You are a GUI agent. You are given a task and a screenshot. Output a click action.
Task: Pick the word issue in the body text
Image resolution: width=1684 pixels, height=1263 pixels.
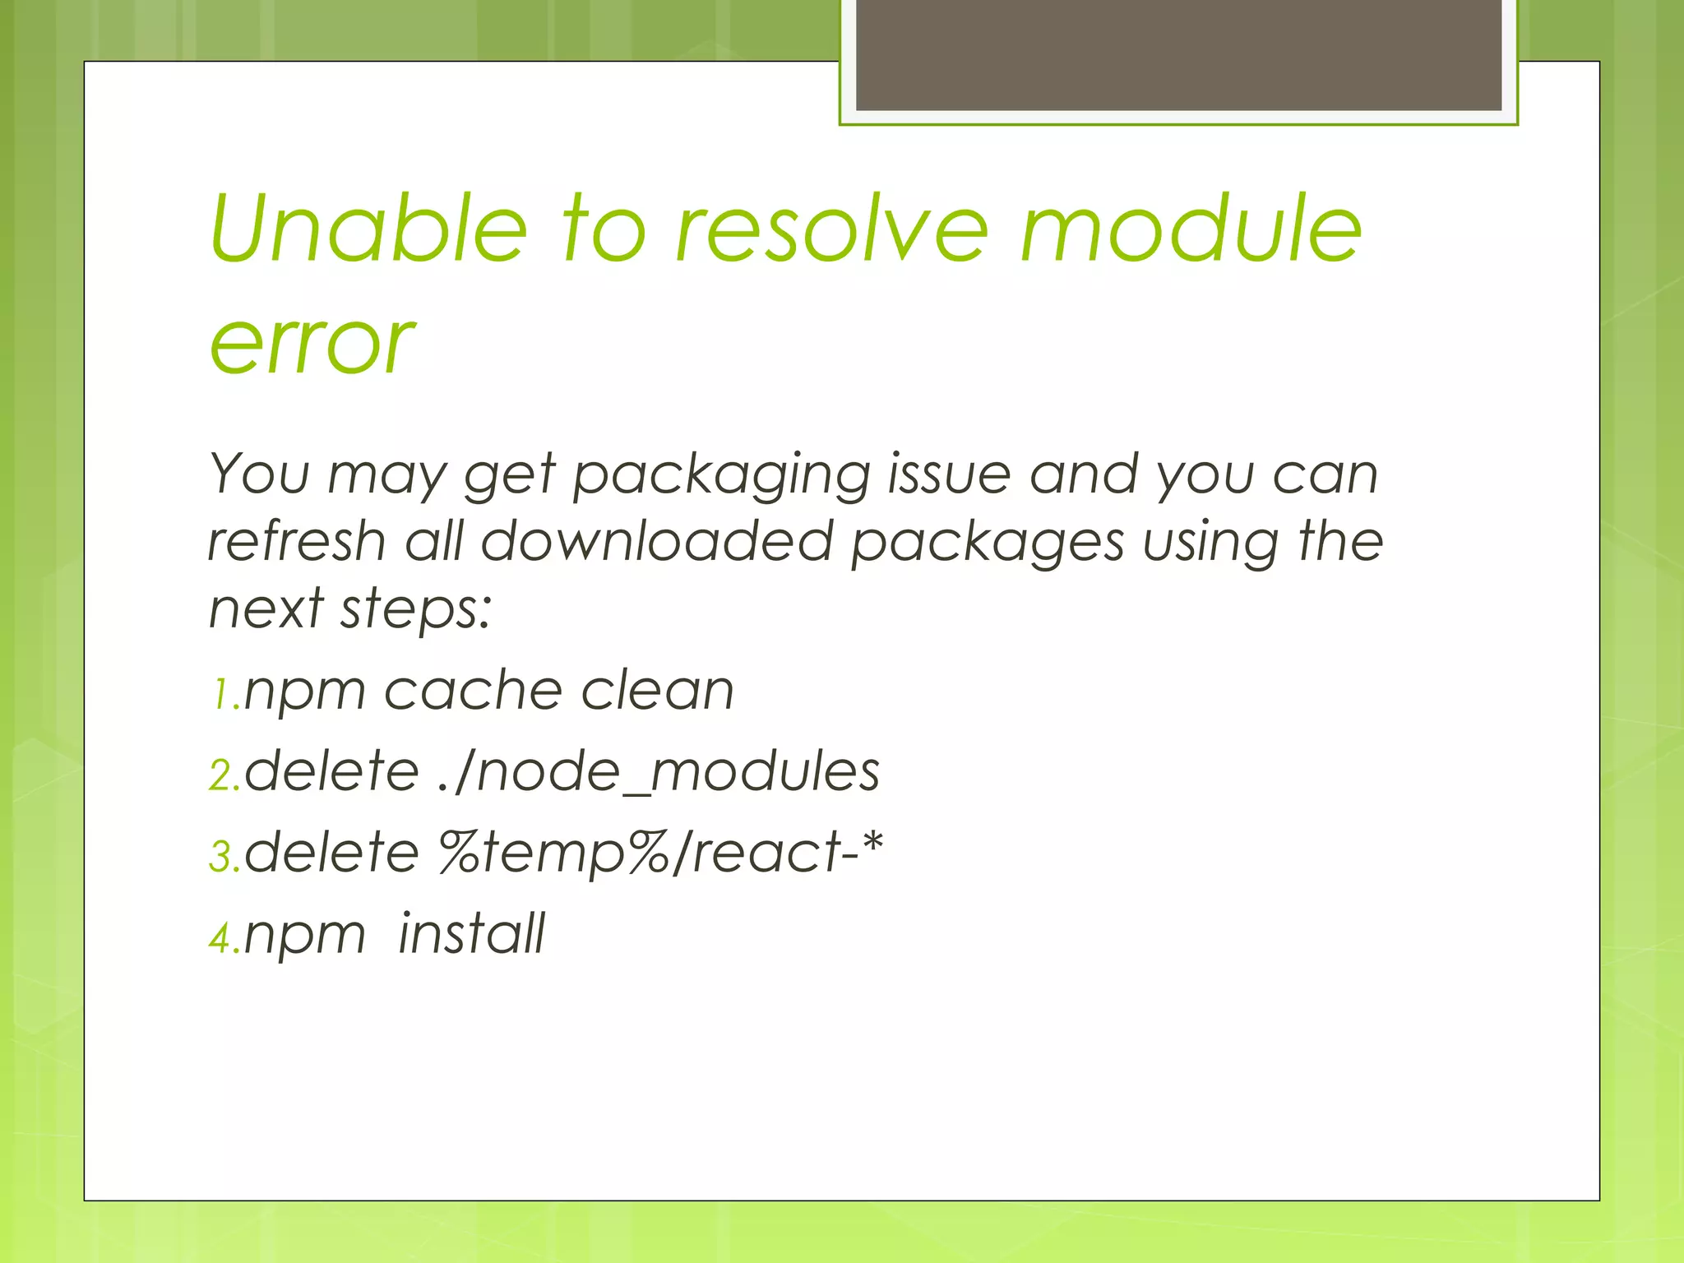(x=949, y=475)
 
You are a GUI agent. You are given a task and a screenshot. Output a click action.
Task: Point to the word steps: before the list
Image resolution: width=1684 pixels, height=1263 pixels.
(x=416, y=610)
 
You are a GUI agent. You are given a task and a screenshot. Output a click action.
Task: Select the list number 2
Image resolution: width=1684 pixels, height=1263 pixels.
(x=223, y=775)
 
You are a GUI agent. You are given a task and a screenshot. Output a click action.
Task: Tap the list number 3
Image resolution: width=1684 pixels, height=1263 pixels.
(x=223, y=856)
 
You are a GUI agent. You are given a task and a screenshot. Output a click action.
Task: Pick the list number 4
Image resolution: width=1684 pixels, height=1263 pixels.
(x=223, y=938)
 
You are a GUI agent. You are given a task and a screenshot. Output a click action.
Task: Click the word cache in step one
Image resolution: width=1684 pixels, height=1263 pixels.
(x=472, y=690)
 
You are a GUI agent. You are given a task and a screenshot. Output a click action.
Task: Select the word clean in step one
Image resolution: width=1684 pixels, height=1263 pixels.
(x=657, y=690)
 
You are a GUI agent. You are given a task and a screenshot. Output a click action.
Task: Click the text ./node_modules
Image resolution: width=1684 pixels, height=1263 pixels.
(x=659, y=772)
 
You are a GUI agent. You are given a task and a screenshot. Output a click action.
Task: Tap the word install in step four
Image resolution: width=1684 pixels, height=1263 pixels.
(x=471, y=934)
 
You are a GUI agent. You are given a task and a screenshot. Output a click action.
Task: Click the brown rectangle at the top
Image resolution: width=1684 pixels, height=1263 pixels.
(x=1178, y=54)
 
